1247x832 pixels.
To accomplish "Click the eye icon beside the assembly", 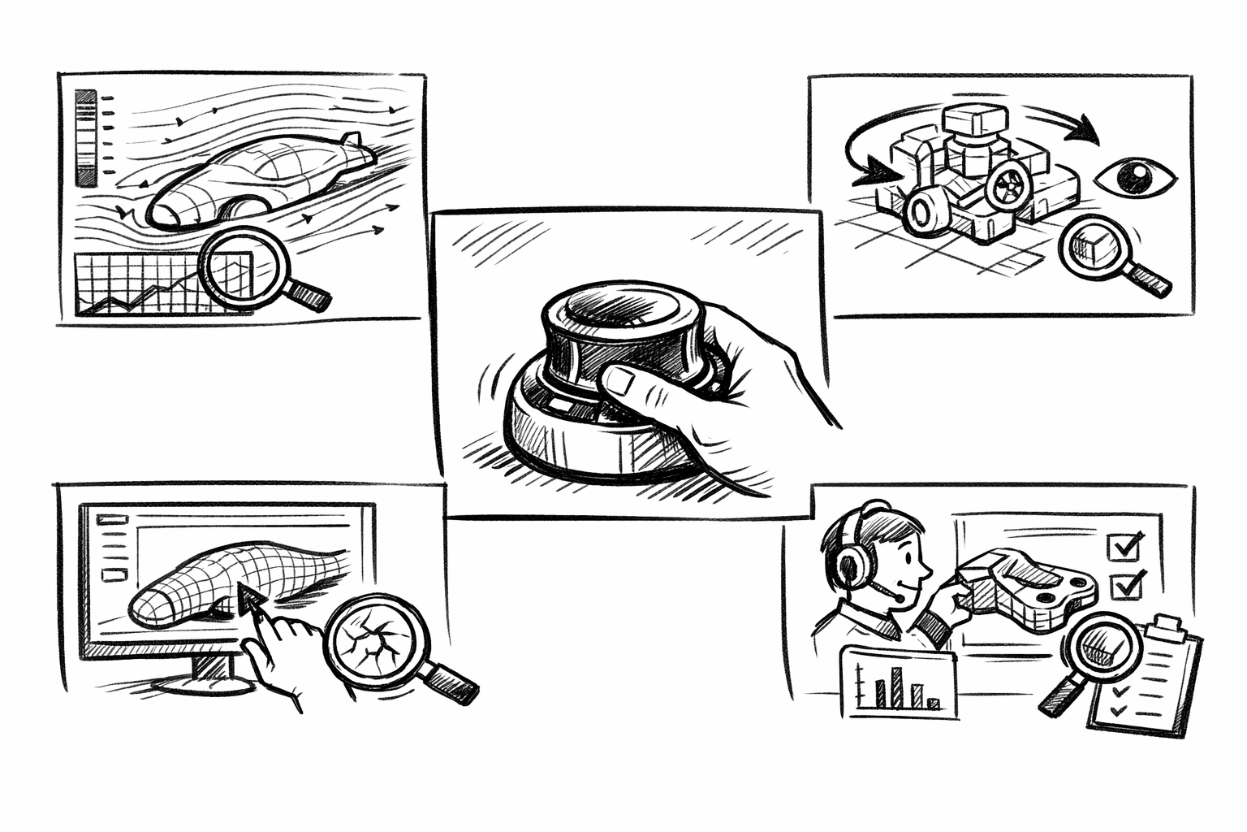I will pos(1135,175).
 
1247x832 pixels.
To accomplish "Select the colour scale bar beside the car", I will pos(85,138).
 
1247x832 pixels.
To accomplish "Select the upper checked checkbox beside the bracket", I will pos(1126,546).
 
